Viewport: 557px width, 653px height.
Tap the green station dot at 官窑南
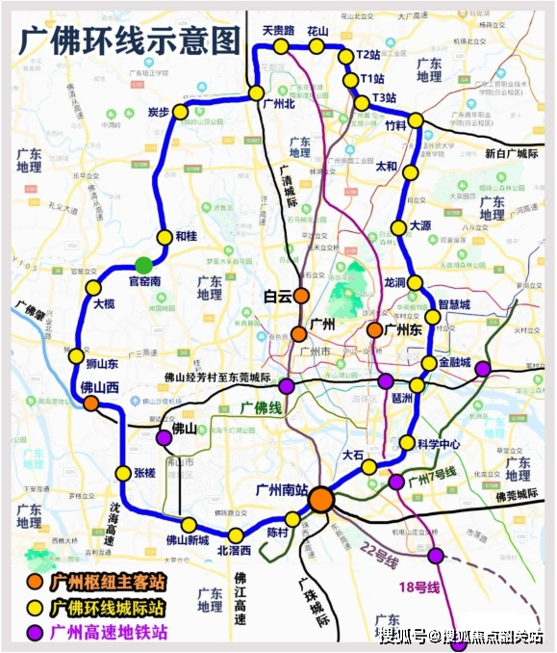pos(144,264)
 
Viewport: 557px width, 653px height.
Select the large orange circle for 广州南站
pos(321,499)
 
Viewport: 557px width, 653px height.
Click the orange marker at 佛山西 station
pos(91,405)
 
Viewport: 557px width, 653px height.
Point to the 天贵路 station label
pos(277,31)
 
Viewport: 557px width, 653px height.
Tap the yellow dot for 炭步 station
pos(179,113)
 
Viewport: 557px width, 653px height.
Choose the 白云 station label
pos(277,298)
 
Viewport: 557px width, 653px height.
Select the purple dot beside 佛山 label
pos(164,437)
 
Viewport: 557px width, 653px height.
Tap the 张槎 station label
pos(144,473)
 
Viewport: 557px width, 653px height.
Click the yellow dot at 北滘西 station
pos(235,535)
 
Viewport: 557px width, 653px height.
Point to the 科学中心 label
pos(443,445)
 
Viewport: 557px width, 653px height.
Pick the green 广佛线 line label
pos(263,408)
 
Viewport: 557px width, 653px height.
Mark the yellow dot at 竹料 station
pos(416,120)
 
